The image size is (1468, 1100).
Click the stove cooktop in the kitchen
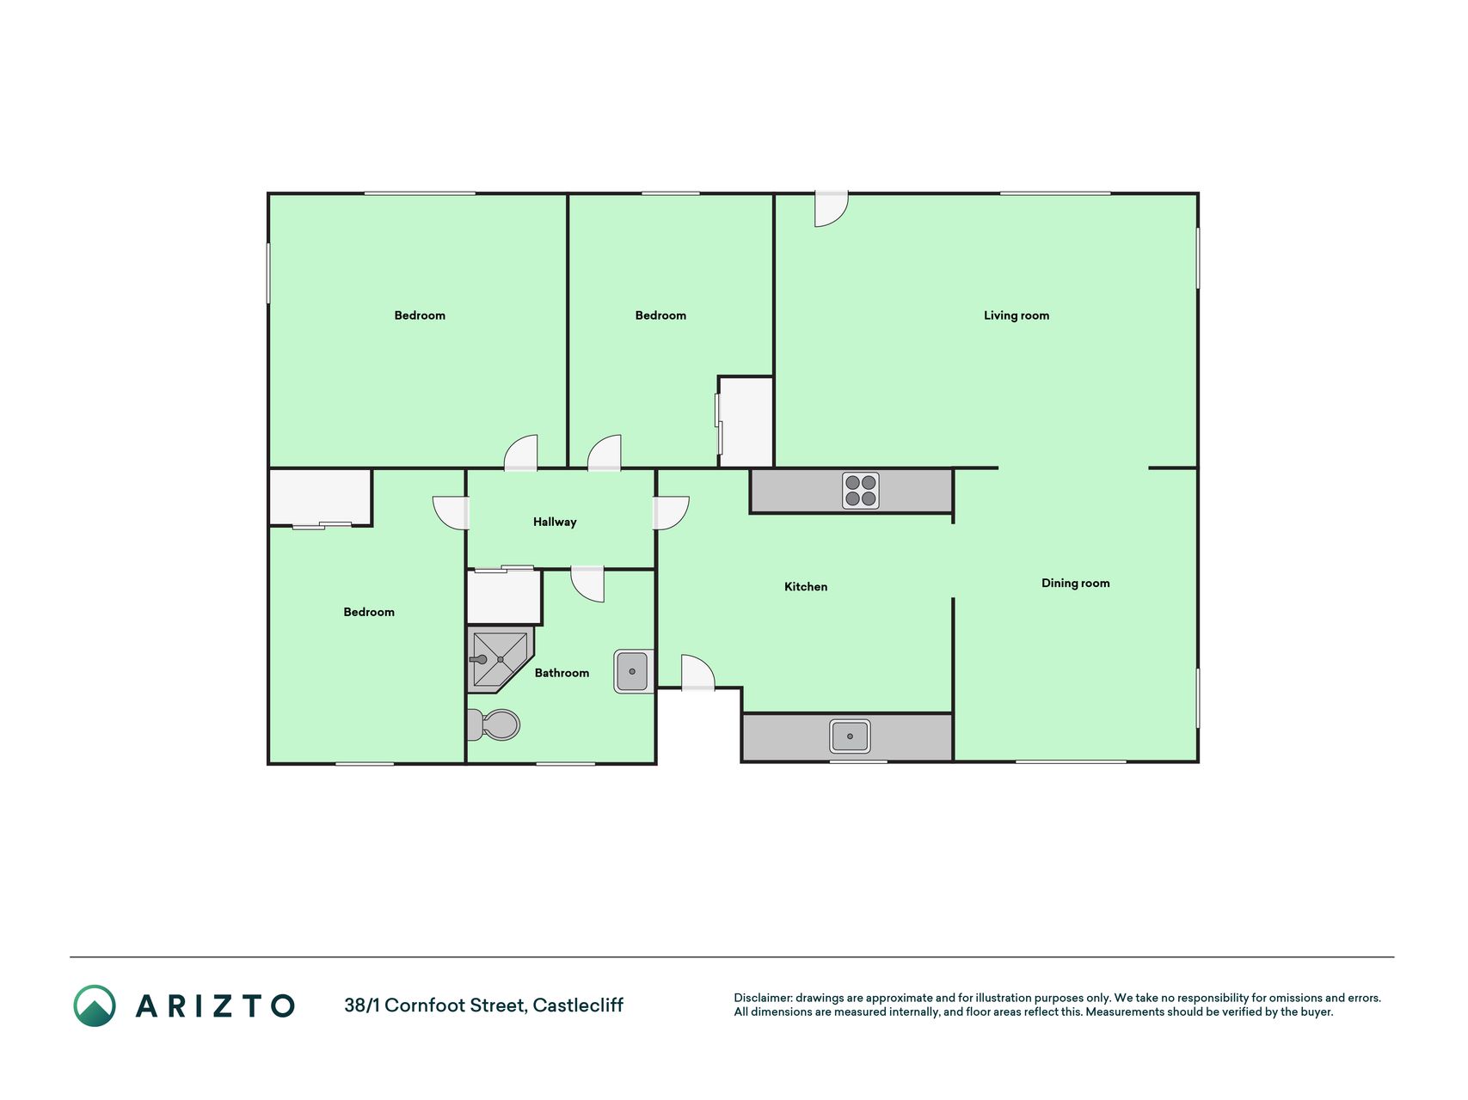click(x=860, y=491)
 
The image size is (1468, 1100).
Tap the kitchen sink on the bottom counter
click(x=850, y=736)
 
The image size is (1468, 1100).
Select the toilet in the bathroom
click(x=494, y=724)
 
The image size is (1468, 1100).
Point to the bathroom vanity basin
click(x=633, y=671)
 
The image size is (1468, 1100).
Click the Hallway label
click(x=555, y=522)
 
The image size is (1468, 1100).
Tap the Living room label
click(x=1017, y=315)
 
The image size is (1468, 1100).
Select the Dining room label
click(x=1075, y=583)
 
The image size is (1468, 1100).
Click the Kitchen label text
click(x=806, y=586)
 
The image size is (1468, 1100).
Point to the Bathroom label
click(x=562, y=673)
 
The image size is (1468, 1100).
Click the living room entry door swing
click(x=832, y=209)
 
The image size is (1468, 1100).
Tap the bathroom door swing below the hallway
click(x=587, y=584)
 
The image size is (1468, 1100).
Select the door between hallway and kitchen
click(x=671, y=513)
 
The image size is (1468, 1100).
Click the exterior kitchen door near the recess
click(x=698, y=672)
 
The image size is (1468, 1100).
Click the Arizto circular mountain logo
click(x=95, y=1005)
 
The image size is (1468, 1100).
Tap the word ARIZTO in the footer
click(x=215, y=1005)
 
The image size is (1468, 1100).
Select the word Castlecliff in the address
click(x=578, y=1005)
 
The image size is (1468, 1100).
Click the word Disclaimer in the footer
click(x=762, y=998)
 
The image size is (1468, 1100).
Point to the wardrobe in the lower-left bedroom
click(x=320, y=497)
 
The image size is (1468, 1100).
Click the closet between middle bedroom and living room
click(x=746, y=422)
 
